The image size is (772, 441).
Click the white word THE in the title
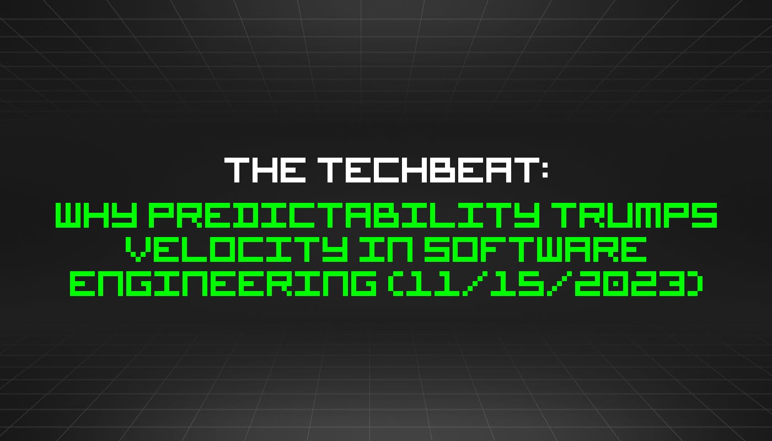[x=264, y=170]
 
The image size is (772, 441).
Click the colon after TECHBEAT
[x=543, y=171]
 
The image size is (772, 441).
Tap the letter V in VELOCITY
[x=139, y=251]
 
